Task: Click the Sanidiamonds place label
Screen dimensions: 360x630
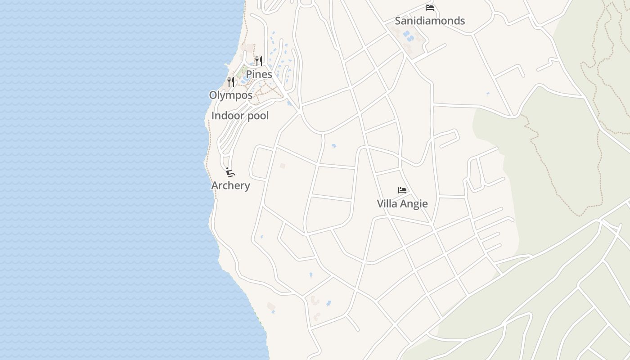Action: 430,21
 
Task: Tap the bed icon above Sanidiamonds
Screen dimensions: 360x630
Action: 430,8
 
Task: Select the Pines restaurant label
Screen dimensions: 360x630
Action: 259,74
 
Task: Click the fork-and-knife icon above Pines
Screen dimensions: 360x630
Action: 258,61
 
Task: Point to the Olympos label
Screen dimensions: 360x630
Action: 230,95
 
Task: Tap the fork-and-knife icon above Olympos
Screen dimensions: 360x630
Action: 230,82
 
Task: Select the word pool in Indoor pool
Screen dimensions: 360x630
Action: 257,116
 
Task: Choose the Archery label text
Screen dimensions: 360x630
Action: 230,185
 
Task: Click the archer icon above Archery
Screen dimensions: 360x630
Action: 230,172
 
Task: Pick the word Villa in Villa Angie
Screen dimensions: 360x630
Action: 387,203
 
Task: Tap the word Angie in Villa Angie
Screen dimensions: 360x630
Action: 413,204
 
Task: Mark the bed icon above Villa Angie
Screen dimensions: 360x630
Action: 402,190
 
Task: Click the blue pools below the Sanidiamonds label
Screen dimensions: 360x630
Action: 408,35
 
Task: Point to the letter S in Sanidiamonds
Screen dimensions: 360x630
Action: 398,21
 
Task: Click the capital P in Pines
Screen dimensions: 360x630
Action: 249,74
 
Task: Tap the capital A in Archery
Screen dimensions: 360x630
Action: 215,185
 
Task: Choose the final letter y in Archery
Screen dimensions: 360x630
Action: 247,186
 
